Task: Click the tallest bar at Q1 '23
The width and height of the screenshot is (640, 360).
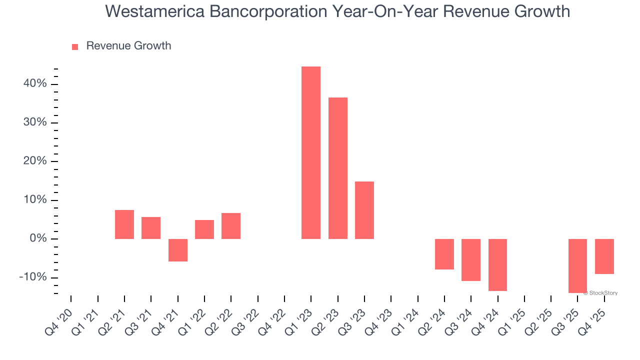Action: [311, 152]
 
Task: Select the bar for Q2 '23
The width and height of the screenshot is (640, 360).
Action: [338, 168]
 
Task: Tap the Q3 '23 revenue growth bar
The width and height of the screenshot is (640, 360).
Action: [364, 210]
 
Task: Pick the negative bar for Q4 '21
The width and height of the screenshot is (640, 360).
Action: [178, 250]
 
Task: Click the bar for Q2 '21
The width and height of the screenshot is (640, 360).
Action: [124, 224]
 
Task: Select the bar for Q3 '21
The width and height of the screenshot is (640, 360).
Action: [151, 228]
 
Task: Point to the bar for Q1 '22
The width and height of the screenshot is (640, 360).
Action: [204, 229]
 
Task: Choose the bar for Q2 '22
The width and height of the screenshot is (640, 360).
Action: [231, 226]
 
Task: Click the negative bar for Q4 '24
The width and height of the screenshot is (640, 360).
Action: [498, 265]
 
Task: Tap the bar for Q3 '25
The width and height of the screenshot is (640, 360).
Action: [577, 266]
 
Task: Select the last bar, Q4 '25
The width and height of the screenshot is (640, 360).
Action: [604, 256]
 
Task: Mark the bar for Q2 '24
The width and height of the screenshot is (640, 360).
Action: [444, 254]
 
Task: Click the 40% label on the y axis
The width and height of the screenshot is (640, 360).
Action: [35, 84]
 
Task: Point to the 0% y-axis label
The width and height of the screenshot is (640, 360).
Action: [38, 239]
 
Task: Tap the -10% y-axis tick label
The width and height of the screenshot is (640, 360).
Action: [33, 277]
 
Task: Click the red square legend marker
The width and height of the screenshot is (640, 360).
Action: [75, 46]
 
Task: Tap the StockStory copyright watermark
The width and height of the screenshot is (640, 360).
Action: [600, 293]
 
